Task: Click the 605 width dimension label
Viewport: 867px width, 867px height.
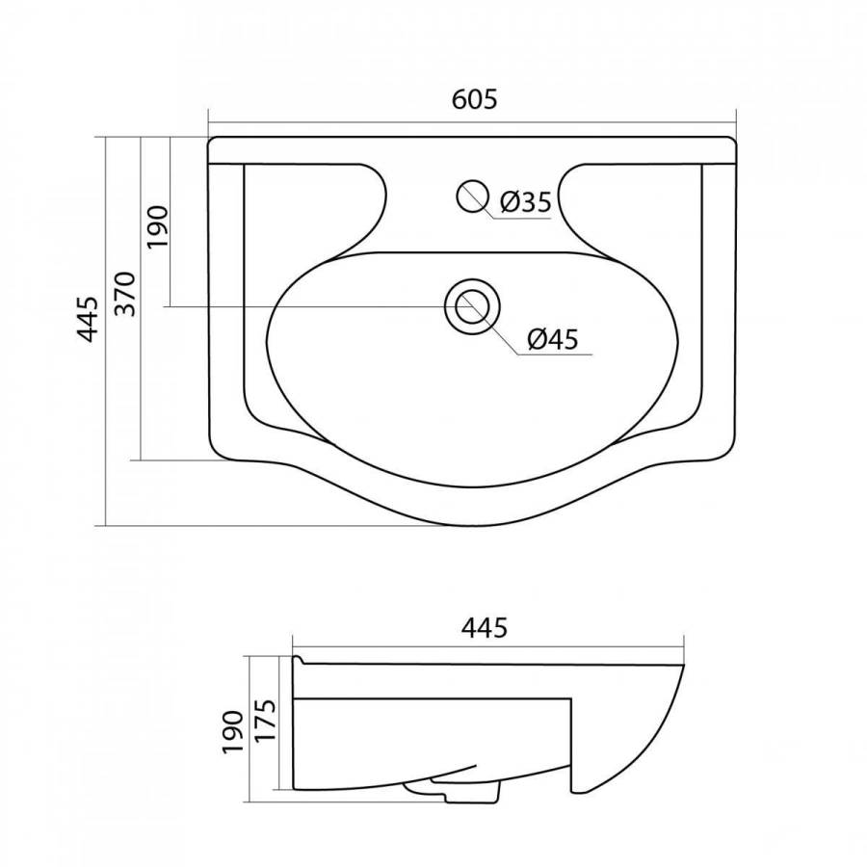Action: coord(474,99)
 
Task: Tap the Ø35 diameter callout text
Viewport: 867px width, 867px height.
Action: coord(526,202)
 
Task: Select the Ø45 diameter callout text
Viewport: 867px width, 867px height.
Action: coord(552,338)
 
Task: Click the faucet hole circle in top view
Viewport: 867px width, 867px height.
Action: coord(472,196)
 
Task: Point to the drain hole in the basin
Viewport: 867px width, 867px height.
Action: coord(472,305)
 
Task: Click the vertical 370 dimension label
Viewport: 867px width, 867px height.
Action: coord(125,294)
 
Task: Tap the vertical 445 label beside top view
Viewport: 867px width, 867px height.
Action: coord(88,319)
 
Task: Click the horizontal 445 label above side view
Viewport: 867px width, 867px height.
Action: coord(485,627)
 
